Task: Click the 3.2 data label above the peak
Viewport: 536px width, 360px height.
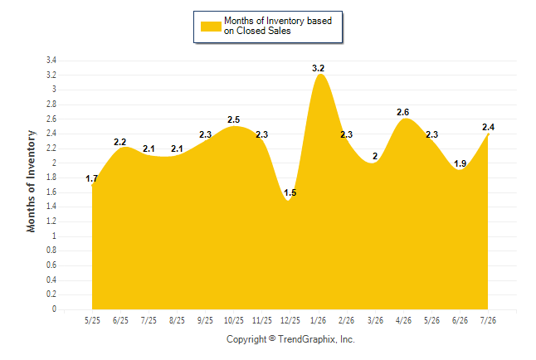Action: pyautogui.click(x=318, y=68)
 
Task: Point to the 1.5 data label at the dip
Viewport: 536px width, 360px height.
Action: pyautogui.click(x=290, y=192)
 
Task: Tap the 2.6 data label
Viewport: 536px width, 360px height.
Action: pyautogui.click(x=402, y=112)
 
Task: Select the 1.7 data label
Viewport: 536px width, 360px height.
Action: pyautogui.click(x=91, y=178)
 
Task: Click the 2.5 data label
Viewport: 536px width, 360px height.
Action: pyautogui.click(x=233, y=119)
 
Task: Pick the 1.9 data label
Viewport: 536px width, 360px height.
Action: pyautogui.click(x=460, y=163)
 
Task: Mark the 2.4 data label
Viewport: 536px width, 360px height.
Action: pyautogui.click(x=488, y=127)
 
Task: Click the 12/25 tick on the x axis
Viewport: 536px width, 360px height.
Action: pyautogui.click(x=290, y=320)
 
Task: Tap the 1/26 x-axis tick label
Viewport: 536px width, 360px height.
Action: pyautogui.click(x=318, y=320)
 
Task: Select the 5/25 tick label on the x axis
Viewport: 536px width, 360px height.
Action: pyautogui.click(x=92, y=320)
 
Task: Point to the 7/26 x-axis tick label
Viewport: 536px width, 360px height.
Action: pyautogui.click(x=488, y=320)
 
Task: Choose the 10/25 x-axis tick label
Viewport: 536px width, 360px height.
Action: pyautogui.click(x=234, y=320)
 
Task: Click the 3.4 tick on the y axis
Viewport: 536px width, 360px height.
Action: pyautogui.click(x=51, y=61)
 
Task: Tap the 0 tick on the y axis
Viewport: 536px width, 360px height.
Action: pyautogui.click(x=54, y=309)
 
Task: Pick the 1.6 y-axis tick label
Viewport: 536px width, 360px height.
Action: pyautogui.click(x=51, y=192)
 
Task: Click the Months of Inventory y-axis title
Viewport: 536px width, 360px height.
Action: pyautogui.click(x=31, y=181)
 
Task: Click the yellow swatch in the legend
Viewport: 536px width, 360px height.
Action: pyautogui.click(x=211, y=27)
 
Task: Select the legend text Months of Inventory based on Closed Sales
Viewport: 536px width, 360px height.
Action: pyautogui.click(x=278, y=26)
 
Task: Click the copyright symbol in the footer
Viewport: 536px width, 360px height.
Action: pyautogui.click(x=272, y=338)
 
